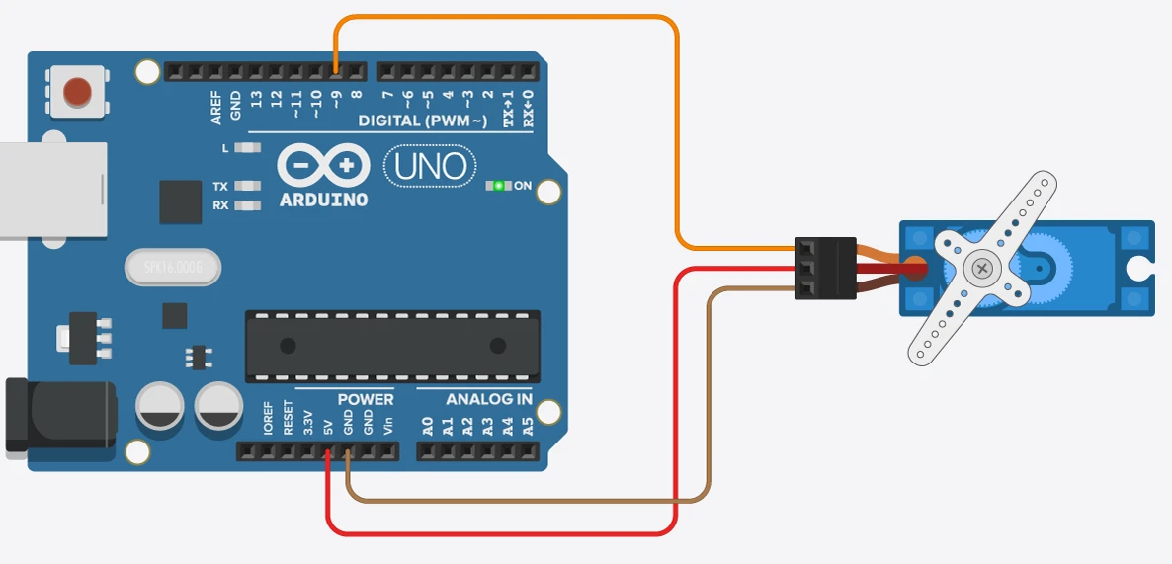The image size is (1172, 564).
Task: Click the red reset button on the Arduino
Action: point(78,92)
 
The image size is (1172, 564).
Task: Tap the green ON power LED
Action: point(500,185)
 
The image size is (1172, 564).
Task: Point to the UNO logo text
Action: point(430,166)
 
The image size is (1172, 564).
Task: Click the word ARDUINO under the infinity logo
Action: point(323,200)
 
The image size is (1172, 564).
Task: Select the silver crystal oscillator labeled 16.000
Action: point(172,267)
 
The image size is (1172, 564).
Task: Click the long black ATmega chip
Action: point(392,346)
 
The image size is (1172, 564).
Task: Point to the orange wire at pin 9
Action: point(337,68)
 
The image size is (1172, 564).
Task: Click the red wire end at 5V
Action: point(327,455)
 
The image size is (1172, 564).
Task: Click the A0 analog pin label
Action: point(428,427)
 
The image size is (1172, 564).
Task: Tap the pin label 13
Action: point(256,99)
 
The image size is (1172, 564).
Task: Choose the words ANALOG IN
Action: point(488,399)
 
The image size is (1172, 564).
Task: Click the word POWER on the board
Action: point(365,399)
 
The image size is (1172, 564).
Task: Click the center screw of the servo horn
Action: point(982,268)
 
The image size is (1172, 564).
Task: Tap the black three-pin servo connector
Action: point(825,268)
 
